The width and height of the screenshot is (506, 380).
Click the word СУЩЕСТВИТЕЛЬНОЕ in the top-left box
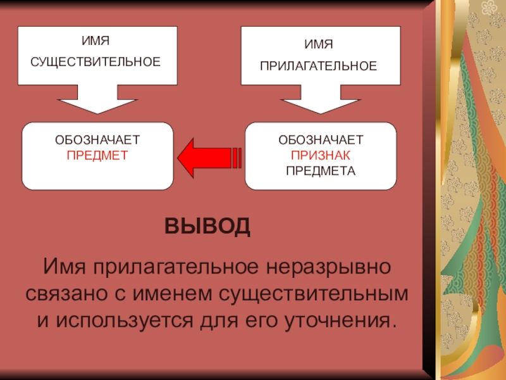coord(96,62)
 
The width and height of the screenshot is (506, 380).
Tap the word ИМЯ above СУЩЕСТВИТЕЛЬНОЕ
coord(96,41)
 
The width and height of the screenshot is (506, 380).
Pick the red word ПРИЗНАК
coord(321,155)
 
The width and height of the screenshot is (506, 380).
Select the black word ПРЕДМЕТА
coord(321,170)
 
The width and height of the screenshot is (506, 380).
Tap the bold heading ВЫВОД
coord(207,226)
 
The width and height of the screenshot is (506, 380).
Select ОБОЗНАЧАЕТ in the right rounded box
coord(321,140)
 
